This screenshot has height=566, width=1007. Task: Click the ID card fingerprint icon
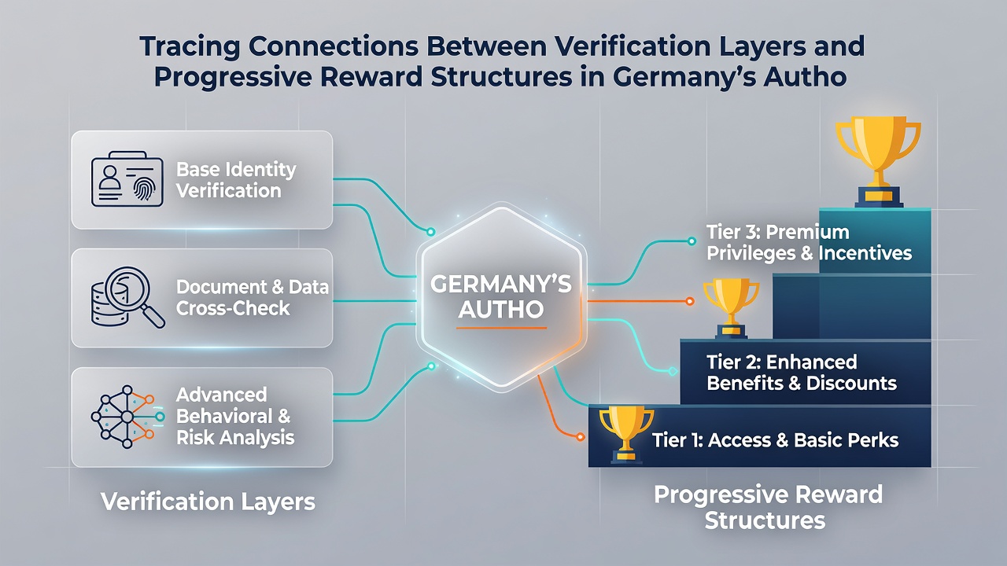pos(127,178)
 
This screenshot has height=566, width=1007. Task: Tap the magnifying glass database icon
pos(128,297)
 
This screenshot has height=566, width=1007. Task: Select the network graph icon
pos(127,417)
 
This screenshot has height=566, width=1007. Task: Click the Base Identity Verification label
pos(235,180)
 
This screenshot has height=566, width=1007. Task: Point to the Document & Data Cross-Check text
pos(253,297)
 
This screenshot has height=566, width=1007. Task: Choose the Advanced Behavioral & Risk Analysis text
pos(235,416)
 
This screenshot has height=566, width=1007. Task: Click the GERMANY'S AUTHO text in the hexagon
pos(501,296)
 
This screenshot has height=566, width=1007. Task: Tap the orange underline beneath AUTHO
pos(501,328)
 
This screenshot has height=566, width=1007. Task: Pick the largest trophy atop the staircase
pos(878,162)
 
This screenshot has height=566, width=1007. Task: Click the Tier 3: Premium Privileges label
pos(809,243)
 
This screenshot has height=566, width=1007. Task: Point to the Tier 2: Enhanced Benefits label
pos(802,373)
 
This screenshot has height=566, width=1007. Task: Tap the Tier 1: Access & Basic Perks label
pos(775,440)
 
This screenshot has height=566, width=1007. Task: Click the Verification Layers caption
pos(208,502)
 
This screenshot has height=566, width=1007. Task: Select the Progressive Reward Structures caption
pos(768,508)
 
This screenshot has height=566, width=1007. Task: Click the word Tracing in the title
pos(190,46)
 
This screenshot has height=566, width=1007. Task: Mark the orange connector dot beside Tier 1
pos(580,436)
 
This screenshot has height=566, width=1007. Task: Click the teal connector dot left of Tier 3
pos(692,241)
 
